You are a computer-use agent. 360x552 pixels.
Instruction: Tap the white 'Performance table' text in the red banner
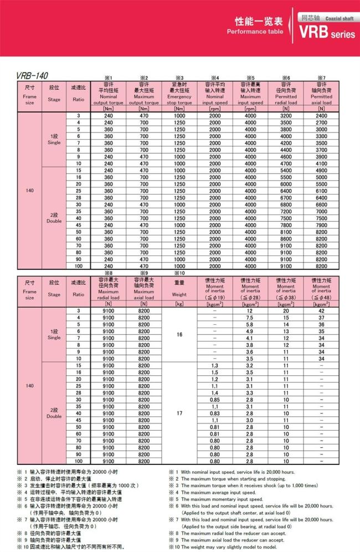tap(254, 32)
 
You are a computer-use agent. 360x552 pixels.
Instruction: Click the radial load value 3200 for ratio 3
tap(286, 115)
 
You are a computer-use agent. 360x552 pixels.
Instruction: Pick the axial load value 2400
tap(322, 115)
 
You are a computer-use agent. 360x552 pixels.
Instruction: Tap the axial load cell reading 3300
tap(322, 136)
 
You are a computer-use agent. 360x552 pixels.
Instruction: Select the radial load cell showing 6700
tap(286, 197)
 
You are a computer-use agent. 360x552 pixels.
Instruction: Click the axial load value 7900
tap(322, 225)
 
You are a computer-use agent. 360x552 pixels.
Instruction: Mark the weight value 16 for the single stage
tap(179, 335)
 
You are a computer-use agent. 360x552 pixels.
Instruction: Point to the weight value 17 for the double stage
tap(179, 413)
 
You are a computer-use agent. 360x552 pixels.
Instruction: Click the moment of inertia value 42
tap(322, 310)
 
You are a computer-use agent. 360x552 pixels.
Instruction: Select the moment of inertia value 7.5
tap(250, 318)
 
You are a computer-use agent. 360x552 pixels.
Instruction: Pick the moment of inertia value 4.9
tap(250, 331)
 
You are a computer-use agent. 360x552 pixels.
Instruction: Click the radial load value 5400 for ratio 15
tap(286, 170)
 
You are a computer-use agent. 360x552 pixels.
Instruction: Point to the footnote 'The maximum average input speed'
tap(215, 492)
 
